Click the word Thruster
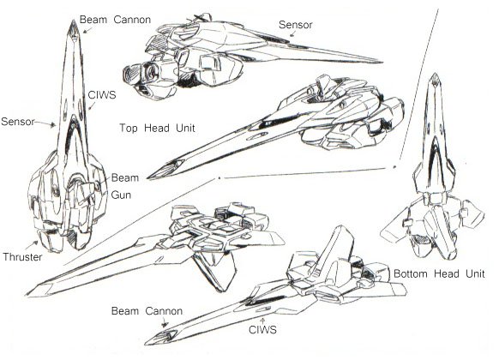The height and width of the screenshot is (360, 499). (22, 256)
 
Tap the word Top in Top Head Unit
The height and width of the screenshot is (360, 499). (129, 129)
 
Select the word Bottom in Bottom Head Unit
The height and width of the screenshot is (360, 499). (411, 273)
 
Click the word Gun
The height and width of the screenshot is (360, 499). (121, 195)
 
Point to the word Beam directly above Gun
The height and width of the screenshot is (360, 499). (125, 177)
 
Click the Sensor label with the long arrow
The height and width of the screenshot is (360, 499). (17, 121)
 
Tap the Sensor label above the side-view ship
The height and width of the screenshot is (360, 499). (295, 25)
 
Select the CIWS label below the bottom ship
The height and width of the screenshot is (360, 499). (262, 330)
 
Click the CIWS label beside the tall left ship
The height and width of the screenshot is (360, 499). (102, 95)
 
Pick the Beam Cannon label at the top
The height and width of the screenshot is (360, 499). (115, 20)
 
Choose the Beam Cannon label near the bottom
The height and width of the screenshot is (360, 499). (147, 310)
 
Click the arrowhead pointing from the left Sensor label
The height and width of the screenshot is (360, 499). (52, 124)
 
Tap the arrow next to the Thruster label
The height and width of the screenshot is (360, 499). (32, 245)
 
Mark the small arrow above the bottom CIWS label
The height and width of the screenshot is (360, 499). (262, 321)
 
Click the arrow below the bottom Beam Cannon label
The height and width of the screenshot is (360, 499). (165, 324)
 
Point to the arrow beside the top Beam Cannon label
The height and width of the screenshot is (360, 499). (87, 30)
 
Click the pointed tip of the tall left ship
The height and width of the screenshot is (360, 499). (74, 21)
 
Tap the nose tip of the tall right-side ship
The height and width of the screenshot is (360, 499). (434, 74)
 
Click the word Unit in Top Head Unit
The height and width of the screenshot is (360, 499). (185, 129)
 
